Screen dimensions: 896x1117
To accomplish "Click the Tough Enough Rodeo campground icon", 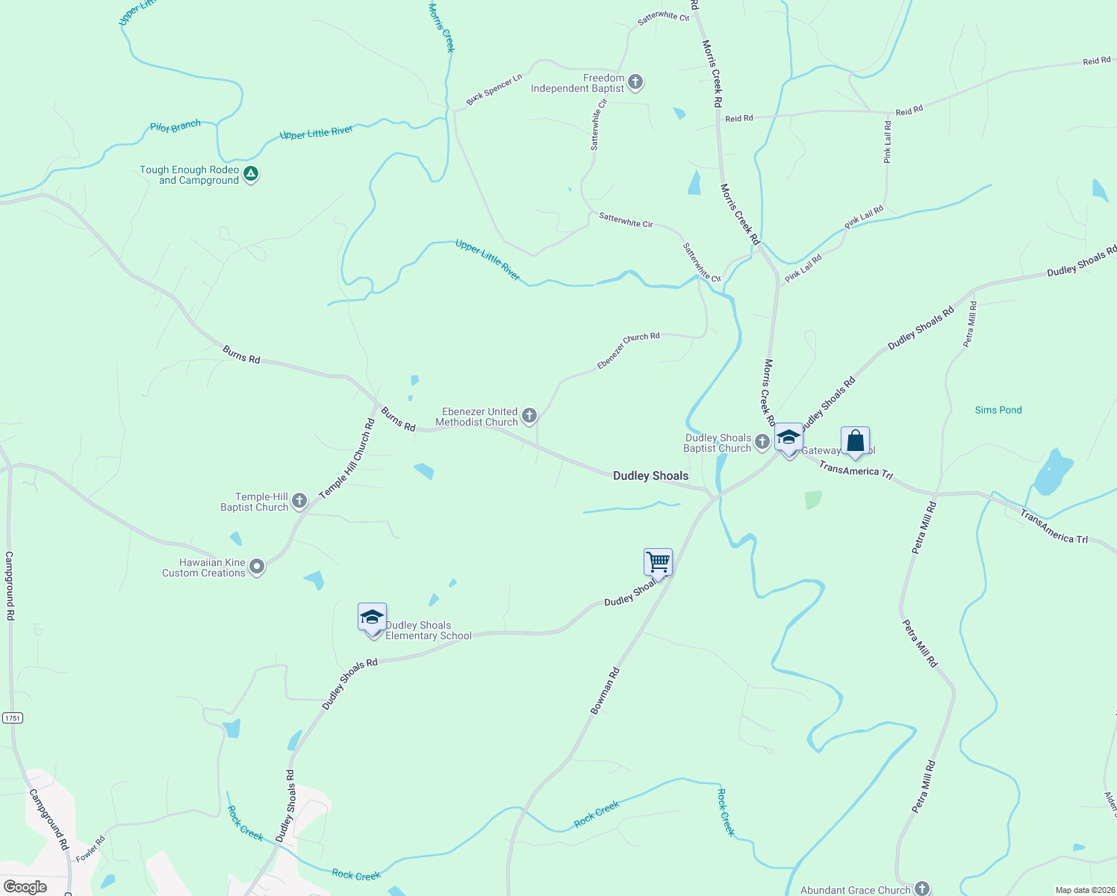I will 252,174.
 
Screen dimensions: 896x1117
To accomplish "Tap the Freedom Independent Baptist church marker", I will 635,82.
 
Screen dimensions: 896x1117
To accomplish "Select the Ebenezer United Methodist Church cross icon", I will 529,416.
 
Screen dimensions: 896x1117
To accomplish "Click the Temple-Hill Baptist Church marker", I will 299,501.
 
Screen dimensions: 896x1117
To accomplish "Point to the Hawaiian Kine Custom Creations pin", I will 257,567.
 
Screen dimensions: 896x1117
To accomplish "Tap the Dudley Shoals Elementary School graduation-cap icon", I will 372,619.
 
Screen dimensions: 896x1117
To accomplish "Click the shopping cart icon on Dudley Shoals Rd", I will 658,562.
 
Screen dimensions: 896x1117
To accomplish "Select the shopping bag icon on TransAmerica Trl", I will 855,441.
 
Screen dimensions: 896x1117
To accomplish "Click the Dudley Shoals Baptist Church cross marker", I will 762,442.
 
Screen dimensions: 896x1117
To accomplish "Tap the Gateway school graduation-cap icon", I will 788,438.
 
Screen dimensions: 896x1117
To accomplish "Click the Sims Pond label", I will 998,410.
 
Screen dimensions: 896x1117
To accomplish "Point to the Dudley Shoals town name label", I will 650,476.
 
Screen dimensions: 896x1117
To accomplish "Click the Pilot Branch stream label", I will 175,126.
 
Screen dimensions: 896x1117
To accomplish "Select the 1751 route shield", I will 13,718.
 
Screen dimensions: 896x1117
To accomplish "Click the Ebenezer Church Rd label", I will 628,349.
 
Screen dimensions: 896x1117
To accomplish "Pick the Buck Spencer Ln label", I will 494,90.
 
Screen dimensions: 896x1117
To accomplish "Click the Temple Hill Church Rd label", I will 347,458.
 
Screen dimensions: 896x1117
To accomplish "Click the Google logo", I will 25,887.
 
